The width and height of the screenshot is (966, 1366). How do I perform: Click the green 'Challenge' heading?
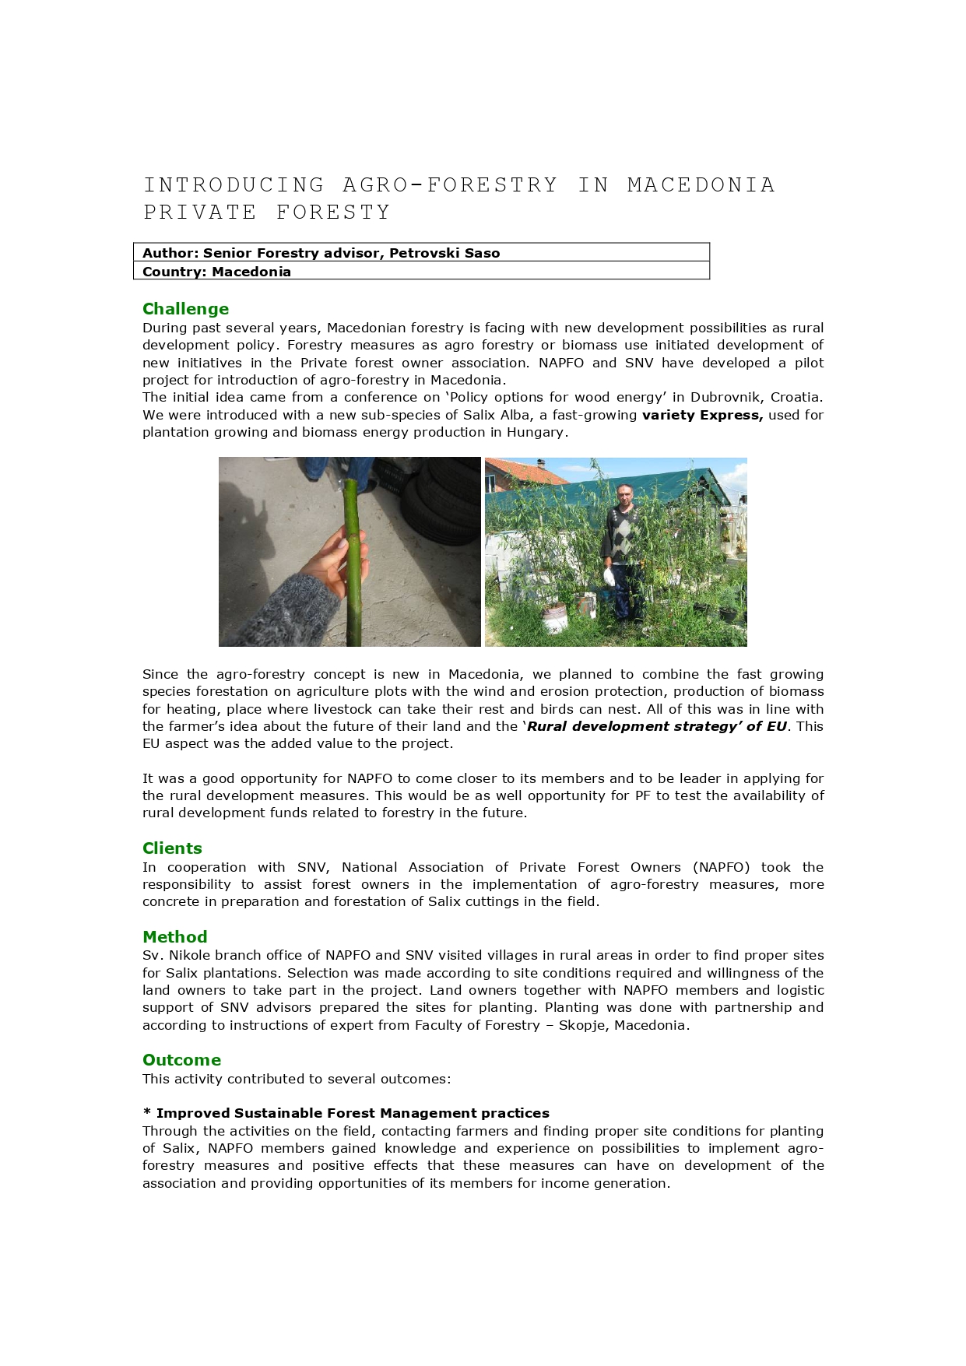click(185, 309)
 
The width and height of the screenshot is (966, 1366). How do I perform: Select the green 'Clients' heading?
click(172, 848)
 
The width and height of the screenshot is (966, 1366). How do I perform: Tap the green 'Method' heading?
click(174, 937)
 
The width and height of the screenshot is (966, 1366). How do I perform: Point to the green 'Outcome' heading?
click(181, 1060)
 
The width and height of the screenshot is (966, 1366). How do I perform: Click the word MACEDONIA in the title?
click(701, 185)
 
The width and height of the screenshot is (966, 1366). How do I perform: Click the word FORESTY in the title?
click(333, 212)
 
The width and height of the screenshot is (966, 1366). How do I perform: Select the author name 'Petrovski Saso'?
click(444, 253)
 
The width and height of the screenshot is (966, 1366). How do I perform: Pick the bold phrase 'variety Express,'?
click(702, 415)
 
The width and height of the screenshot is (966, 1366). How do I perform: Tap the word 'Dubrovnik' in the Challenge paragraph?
click(723, 397)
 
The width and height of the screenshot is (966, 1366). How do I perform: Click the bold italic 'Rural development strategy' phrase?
click(656, 726)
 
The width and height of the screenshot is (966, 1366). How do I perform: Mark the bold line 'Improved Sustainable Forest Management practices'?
click(353, 1113)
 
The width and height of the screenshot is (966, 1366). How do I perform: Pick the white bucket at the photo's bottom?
click(555, 619)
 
